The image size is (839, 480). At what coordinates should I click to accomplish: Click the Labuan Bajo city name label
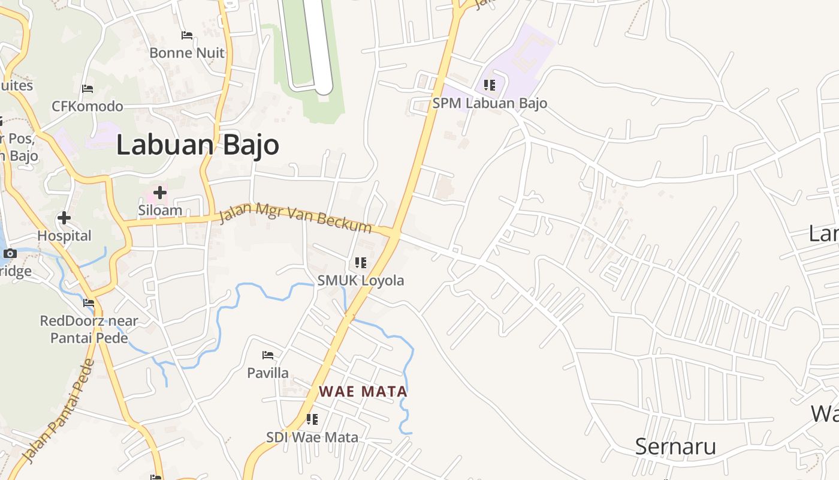[197, 145]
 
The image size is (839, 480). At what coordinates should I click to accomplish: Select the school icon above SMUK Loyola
[360, 263]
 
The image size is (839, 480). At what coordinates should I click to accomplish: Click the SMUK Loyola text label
[361, 280]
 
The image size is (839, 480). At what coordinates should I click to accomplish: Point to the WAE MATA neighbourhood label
[363, 392]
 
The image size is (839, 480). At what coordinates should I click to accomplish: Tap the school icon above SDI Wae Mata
[312, 419]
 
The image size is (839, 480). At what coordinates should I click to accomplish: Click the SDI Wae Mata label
[312, 437]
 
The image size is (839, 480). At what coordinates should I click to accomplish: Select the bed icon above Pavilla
[268, 355]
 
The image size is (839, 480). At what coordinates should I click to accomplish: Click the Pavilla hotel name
[268, 373]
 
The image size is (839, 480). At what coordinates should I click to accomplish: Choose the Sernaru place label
[675, 446]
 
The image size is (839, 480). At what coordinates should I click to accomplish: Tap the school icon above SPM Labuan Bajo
[490, 85]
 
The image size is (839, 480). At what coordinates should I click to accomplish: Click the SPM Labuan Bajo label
[490, 103]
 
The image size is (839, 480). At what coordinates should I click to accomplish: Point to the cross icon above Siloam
[160, 193]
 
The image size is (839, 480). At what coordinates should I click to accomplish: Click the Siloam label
[160, 211]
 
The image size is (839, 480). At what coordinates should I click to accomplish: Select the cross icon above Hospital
[64, 218]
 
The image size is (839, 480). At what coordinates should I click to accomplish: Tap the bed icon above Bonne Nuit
[187, 35]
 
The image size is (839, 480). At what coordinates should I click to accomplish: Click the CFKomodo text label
[87, 106]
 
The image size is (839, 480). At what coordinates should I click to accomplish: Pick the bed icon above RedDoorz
[89, 303]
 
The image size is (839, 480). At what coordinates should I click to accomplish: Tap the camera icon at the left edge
[10, 253]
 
